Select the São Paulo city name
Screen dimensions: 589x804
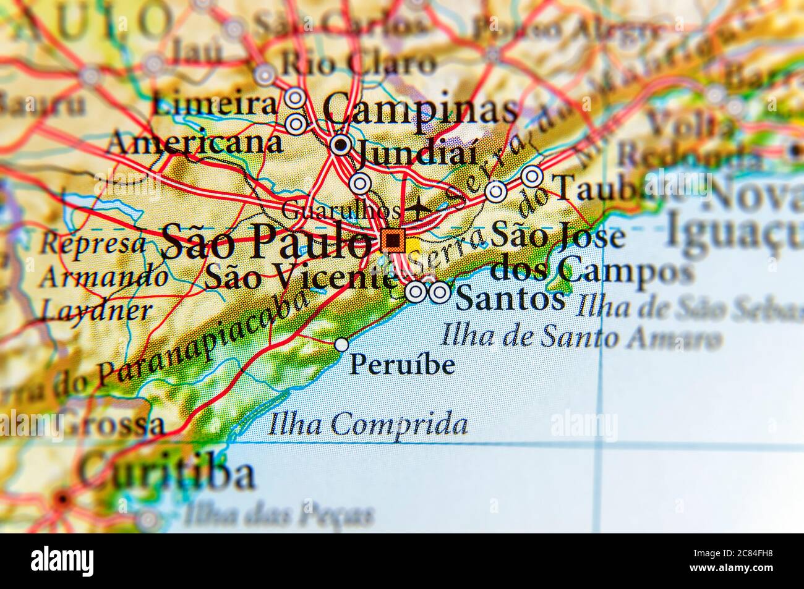coord(267,242)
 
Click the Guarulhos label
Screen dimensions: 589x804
coord(340,210)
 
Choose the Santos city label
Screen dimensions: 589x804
coord(510,299)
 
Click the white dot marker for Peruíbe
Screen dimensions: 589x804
coord(341,345)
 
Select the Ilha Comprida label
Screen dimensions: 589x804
coord(369,425)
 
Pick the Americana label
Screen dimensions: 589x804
coord(194,143)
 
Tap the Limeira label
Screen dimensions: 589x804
coord(216,104)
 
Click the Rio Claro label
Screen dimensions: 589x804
coord(359,64)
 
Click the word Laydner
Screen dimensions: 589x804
coord(95,310)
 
